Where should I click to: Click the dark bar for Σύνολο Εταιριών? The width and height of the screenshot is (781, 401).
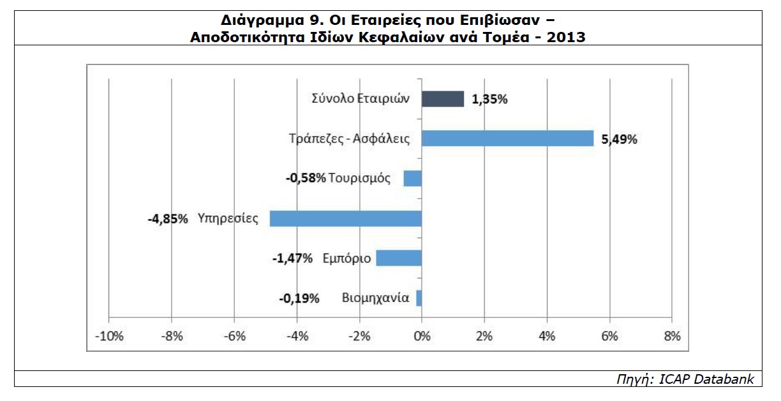click(443, 99)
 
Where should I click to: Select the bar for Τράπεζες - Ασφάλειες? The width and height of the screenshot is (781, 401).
click(507, 139)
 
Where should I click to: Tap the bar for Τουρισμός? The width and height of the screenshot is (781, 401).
click(413, 178)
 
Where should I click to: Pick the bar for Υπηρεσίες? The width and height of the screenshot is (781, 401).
click(346, 218)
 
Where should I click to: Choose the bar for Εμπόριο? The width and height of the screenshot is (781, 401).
click(399, 258)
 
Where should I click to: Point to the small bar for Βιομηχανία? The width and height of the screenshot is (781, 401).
click(419, 298)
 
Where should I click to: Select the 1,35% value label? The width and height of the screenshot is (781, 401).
click(489, 100)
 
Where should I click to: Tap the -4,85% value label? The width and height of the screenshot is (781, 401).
click(167, 219)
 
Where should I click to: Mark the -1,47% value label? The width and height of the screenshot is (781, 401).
click(292, 259)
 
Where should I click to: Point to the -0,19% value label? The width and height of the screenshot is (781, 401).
click(299, 298)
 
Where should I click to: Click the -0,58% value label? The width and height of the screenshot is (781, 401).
click(306, 178)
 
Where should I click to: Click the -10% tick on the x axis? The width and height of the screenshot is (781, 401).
click(108, 337)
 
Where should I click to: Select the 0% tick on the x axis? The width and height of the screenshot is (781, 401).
click(422, 337)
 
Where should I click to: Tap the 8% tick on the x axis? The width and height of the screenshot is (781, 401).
click(673, 337)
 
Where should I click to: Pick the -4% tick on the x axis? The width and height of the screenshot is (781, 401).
click(297, 337)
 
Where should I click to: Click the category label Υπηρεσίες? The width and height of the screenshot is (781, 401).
click(228, 218)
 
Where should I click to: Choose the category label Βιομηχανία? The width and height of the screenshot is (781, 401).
click(375, 298)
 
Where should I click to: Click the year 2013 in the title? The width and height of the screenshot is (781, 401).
click(565, 36)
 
